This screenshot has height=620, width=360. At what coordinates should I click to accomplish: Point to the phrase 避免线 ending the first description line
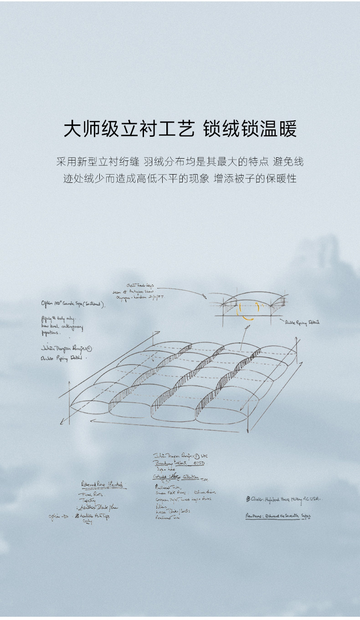click(288, 162)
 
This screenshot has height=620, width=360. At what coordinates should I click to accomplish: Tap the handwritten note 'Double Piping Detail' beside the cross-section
click(302, 322)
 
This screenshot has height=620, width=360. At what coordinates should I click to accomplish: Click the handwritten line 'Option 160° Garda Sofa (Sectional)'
click(73, 304)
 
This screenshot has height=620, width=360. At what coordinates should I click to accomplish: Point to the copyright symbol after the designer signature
click(89, 348)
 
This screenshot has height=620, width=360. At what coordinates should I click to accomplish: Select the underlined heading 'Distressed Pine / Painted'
click(103, 484)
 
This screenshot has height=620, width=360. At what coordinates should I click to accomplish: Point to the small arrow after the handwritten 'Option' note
click(65, 517)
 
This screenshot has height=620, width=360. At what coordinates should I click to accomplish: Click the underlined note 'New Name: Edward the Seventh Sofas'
click(278, 516)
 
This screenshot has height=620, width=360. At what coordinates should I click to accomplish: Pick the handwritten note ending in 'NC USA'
click(283, 500)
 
